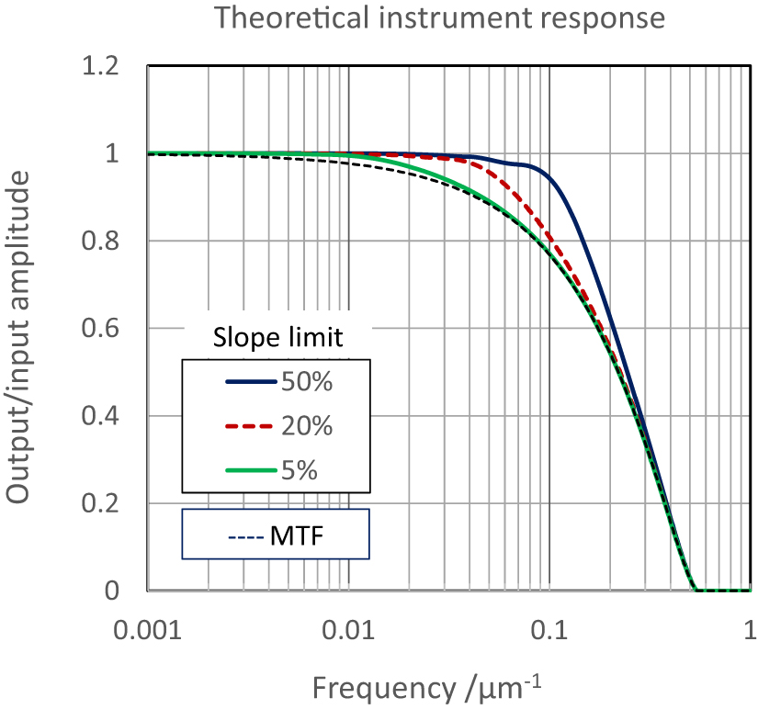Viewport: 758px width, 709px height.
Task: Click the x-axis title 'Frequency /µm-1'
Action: click(x=435, y=686)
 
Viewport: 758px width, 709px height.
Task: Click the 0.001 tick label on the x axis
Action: click(x=148, y=633)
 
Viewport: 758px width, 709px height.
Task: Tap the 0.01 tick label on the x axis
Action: click(x=348, y=633)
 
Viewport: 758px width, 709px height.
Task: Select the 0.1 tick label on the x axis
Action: click(x=549, y=633)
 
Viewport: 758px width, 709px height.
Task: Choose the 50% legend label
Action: click(x=307, y=382)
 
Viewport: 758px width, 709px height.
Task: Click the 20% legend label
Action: click(x=307, y=426)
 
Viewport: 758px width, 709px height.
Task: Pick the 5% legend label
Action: click(x=300, y=470)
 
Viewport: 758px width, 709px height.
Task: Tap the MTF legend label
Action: click(x=297, y=535)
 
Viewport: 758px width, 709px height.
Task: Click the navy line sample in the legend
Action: click(x=251, y=382)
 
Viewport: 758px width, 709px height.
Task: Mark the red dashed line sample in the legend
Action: click(x=251, y=426)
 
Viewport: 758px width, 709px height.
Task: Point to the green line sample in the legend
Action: click(x=251, y=470)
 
